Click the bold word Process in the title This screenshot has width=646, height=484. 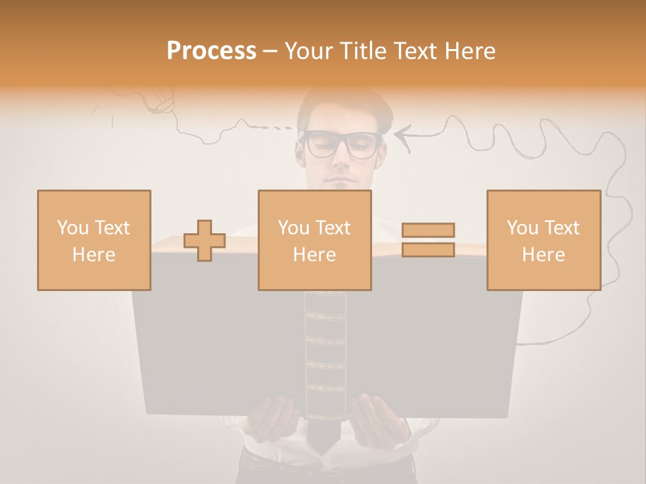click(x=211, y=51)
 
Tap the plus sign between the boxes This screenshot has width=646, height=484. click(x=205, y=241)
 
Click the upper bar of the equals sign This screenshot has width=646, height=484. click(x=428, y=230)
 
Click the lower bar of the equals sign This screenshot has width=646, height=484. click(x=428, y=250)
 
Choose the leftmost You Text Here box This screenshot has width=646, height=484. click(x=94, y=240)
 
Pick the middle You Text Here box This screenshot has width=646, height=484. click(x=314, y=240)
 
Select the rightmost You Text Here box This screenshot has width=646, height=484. click(x=543, y=240)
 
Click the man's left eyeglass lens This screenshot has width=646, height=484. click(x=321, y=145)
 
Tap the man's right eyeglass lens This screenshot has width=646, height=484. click(x=363, y=145)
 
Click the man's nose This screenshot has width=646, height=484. click(x=342, y=161)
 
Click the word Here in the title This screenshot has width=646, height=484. click(x=469, y=51)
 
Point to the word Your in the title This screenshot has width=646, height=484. click(x=310, y=51)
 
